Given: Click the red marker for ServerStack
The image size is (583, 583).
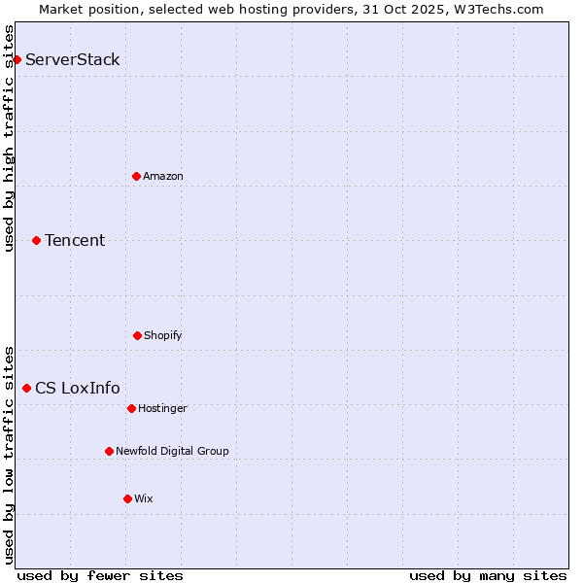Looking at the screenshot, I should pyautogui.click(x=17, y=59).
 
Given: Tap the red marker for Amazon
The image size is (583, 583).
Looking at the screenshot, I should pyautogui.click(x=136, y=176).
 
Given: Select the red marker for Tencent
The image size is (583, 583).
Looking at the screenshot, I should pyautogui.click(x=36, y=240).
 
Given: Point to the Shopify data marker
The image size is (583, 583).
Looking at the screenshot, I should pyautogui.click(x=137, y=335).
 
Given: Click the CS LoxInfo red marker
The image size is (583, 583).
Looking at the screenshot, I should pyautogui.click(x=26, y=388).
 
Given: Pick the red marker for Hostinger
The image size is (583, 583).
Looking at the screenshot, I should pyautogui.click(x=131, y=408).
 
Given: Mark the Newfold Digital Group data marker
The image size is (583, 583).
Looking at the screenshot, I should pyautogui.click(x=109, y=451).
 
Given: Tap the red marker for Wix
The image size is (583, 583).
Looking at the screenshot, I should pyautogui.click(x=127, y=498).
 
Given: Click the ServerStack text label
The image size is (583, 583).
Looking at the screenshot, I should pyautogui.click(x=73, y=59).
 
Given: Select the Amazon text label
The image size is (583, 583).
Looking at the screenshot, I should pyautogui.click(x=163, y=176).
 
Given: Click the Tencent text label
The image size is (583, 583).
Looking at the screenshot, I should pyautogui.click(x=75, y=240).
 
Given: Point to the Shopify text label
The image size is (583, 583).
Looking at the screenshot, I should pyautogui.click(x=163, y=335).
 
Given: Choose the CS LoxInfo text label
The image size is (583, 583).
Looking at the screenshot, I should pyautogui.click(x=78, y=388).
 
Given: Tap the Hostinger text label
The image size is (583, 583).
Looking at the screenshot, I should pyautogui.click(x=162, y=408).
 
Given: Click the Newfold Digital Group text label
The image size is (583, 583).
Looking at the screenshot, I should pyautogui.click(x=172, y=451).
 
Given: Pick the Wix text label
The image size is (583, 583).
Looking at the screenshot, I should pyautogui.click(x=144, y=498).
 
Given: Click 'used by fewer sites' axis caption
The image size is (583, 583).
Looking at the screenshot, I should pyautogui.click(x=100, y=575).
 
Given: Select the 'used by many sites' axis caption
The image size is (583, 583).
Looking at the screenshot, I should pyautogui.click(x=488, y=575).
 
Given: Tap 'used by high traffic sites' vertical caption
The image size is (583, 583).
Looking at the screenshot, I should pyautogui.click(x=9, y=138).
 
